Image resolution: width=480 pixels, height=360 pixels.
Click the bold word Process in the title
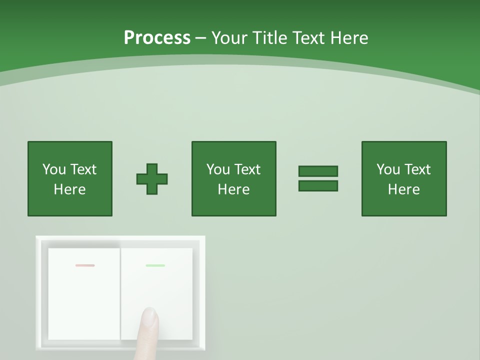click(x=157, y=38)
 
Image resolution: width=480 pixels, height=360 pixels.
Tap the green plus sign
click(x=152, y=179)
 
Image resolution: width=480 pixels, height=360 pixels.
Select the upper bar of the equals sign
click(x=318, y=171)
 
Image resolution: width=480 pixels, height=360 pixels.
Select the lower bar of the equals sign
click(x=318, y=186)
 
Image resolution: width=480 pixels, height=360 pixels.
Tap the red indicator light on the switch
click(x=85, y=265)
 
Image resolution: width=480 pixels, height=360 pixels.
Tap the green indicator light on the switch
click(x=155, y=265)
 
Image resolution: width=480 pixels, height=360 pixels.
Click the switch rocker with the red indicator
click(x=84, y=300)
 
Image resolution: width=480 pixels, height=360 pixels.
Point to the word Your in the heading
click(x=229, y=38)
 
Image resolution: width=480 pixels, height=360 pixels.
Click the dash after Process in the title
click(x=201, y=38)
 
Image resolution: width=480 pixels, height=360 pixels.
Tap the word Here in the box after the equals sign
click(x=404, y=189)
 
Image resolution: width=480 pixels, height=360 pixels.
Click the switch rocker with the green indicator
click(x=170, y=290)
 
